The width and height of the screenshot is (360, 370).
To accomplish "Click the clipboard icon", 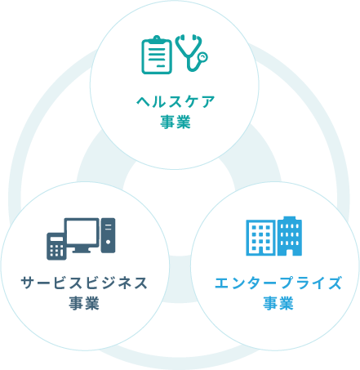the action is [x=157, y=55].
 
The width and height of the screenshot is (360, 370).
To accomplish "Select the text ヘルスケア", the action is [x=176, y=102].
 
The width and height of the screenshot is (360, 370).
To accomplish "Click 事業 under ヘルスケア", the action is [x=176, y=122].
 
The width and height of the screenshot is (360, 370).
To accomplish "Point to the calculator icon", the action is [x=56, y=247].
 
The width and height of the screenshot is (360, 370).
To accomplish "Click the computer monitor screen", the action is [x=82, y=232].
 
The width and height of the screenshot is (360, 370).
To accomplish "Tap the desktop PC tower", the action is [x=108, y=235].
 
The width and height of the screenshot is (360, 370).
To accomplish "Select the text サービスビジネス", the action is [x=84, y=283].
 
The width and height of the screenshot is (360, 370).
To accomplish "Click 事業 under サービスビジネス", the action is [x=84, y=303].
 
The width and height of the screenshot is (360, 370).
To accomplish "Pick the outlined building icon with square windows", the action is [x=260, y=238].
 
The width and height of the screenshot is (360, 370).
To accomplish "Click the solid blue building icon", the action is [x=290, y=236].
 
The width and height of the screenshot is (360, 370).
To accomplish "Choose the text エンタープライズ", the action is [x=278, y=283].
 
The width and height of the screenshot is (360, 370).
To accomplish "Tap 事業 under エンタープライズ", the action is [x=278, y=303].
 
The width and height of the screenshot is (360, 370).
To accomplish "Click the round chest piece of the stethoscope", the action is [x=202, y=57].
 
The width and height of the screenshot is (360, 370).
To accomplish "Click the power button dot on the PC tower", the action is [x=108, y=242].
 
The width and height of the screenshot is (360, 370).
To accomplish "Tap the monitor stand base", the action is [x=82, y=252].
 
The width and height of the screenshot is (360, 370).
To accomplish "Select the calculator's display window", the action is [x=56, y=238].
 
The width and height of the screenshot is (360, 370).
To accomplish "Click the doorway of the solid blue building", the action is [x=289, y=252].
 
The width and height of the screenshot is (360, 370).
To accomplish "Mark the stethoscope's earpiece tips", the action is [x=188, y=37].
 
